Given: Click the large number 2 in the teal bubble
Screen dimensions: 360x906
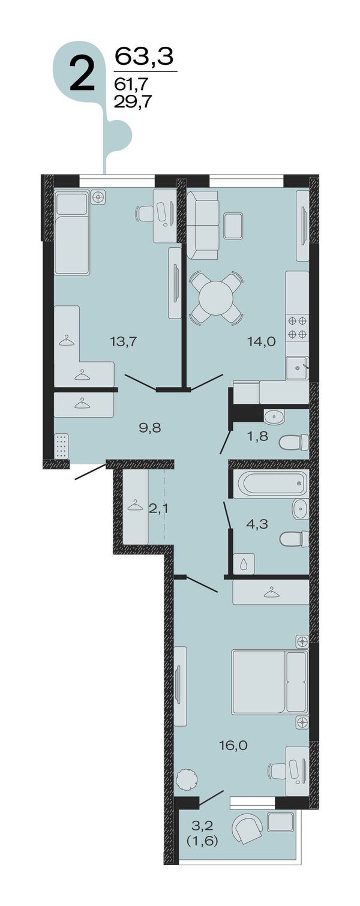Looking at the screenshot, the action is point(82,74).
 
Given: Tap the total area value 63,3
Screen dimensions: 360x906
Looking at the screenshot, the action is point(145,56).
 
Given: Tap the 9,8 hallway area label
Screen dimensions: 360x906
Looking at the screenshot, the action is point(150,428).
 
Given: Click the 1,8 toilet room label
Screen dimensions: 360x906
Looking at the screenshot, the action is point(258,436).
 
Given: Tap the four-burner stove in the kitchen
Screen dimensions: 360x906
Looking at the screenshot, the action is point(298,328).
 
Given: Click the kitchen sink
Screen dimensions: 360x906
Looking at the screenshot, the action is point(298,368).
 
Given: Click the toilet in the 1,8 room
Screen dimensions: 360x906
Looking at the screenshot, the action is point(293,442).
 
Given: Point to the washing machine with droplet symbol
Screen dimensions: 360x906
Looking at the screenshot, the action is point(244,564).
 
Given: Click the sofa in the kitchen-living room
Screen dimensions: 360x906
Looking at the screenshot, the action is point(203,225).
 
